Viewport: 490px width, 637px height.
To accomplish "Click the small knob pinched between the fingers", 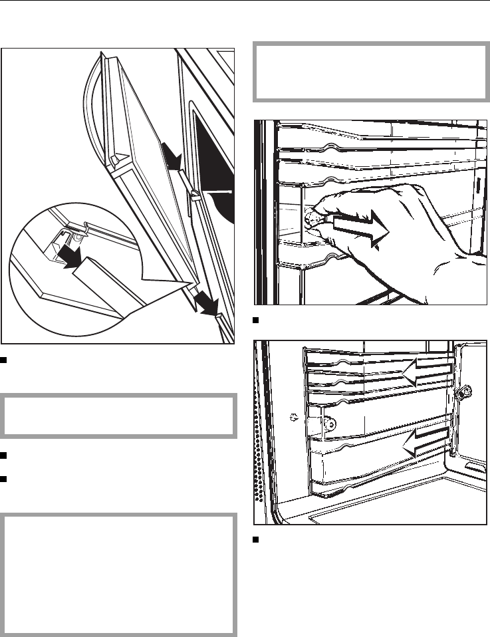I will click(x=309, y=217).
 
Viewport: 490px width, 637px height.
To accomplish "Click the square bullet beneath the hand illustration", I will click(x=255, y=322).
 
